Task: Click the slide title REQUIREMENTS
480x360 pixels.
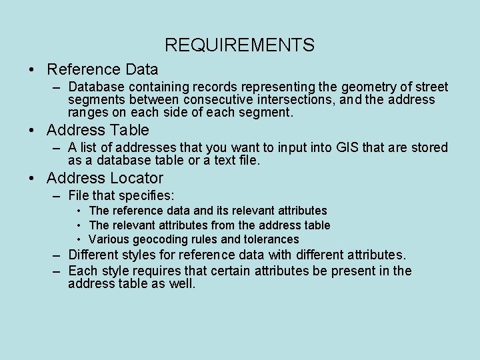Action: point(239,45)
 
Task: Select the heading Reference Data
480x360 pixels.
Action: point(103,69)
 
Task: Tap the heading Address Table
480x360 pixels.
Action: point(98,130)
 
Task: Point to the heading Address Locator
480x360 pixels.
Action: point(105,178)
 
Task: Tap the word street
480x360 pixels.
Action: point(431,87)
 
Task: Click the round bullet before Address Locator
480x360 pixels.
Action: point(31,179)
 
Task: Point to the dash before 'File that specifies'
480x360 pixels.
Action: point(57,196)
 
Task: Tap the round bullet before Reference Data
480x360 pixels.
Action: point(31,69)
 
